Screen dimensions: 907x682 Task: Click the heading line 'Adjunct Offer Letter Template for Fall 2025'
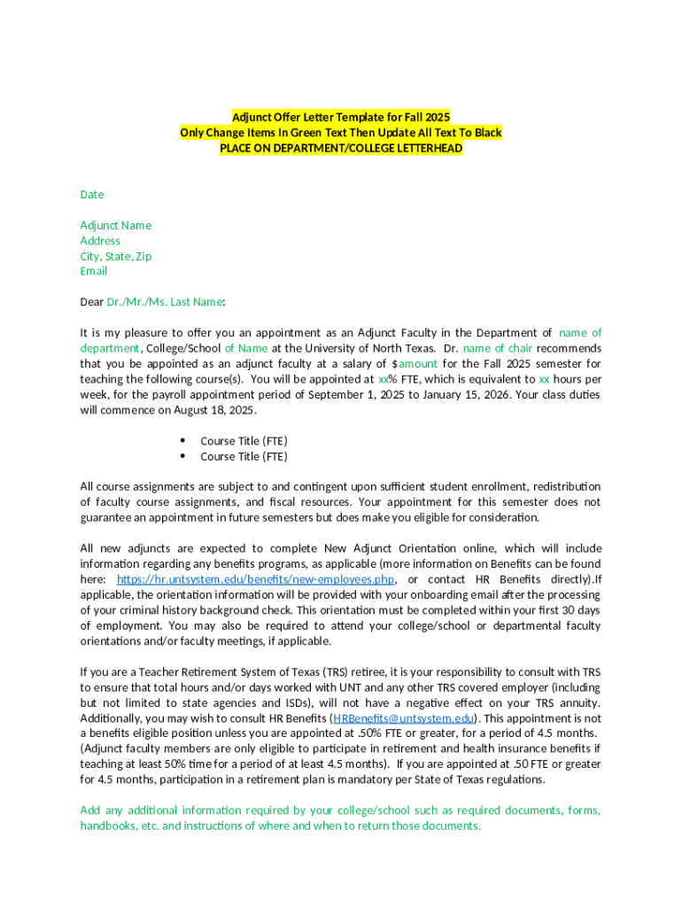(341, 117)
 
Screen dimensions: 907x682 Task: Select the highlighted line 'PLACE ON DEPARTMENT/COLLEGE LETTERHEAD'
(341, 148)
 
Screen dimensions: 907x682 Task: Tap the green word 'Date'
(92, 194)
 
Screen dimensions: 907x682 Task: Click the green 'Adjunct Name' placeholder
(116, 225)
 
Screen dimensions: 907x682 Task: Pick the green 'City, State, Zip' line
(116, 256)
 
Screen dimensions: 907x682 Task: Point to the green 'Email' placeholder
(94, 271)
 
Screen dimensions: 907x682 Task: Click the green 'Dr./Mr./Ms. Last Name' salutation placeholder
(165, 302)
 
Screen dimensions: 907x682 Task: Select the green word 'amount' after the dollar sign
(417, 364)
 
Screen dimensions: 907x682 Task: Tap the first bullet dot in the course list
(182, 440)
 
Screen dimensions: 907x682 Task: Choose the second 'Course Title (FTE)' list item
(244, 456)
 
